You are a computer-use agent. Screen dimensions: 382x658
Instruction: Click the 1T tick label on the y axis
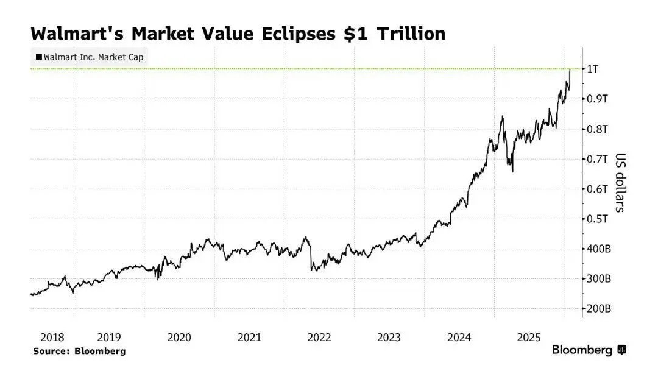tap(592, 69)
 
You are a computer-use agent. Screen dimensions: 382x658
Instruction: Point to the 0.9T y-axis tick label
tap(598, 99)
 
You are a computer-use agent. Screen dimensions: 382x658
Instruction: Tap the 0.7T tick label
tap(598, 159)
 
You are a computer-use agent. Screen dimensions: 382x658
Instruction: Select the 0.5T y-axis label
tap(598, 219)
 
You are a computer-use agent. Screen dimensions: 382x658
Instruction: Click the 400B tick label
tap(599, 249)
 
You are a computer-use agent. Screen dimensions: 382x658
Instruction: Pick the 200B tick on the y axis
tap(599, 309)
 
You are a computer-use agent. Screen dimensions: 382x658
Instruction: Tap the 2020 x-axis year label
tap(179, 337)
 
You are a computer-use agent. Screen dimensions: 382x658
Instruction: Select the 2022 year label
tap(319, 337)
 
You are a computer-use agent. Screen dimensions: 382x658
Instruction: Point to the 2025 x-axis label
tap(530, 337)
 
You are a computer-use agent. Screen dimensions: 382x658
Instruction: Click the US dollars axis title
tap(620, 182)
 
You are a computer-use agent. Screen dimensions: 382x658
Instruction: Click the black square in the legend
tap(39, 57)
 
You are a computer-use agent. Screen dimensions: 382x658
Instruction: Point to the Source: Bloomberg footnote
tap(79, 351)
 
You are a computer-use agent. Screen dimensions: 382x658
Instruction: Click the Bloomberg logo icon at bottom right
tap(622, 350)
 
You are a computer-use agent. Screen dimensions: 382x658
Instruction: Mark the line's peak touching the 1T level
tap(570, 69)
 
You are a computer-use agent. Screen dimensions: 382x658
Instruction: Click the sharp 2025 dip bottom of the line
tap(512, 172)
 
